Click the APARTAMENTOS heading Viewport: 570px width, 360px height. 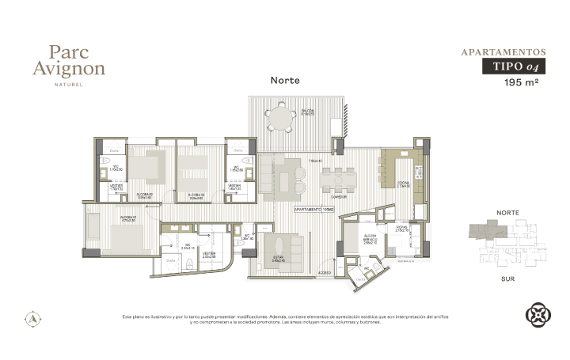pyautogui.click(x=503, y=52)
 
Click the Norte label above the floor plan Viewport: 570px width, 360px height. pyautogui.click(x=285, y=80)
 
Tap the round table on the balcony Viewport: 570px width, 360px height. pyautogui.click(x=279, y=119)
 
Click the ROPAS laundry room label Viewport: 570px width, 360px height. pyautogui.click(x=401, y=226)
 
